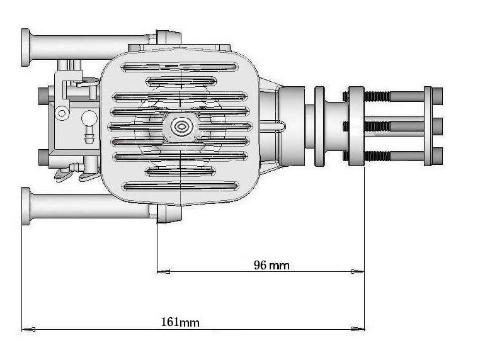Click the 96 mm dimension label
click(x=271, y=265)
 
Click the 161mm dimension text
click(x=180, y=322)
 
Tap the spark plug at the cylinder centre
click(x=181, y=127)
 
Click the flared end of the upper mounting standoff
click(x=26, y=47)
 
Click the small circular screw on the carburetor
click(x=62, y=113)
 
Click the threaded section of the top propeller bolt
click(x=377, y=96)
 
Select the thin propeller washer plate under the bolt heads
click(x=428, y=126)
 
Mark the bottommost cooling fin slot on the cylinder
click(x=181, y=186)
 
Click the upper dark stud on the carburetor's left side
click(x=43, y=96)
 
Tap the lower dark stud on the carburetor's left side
click(x=43, y=155)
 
